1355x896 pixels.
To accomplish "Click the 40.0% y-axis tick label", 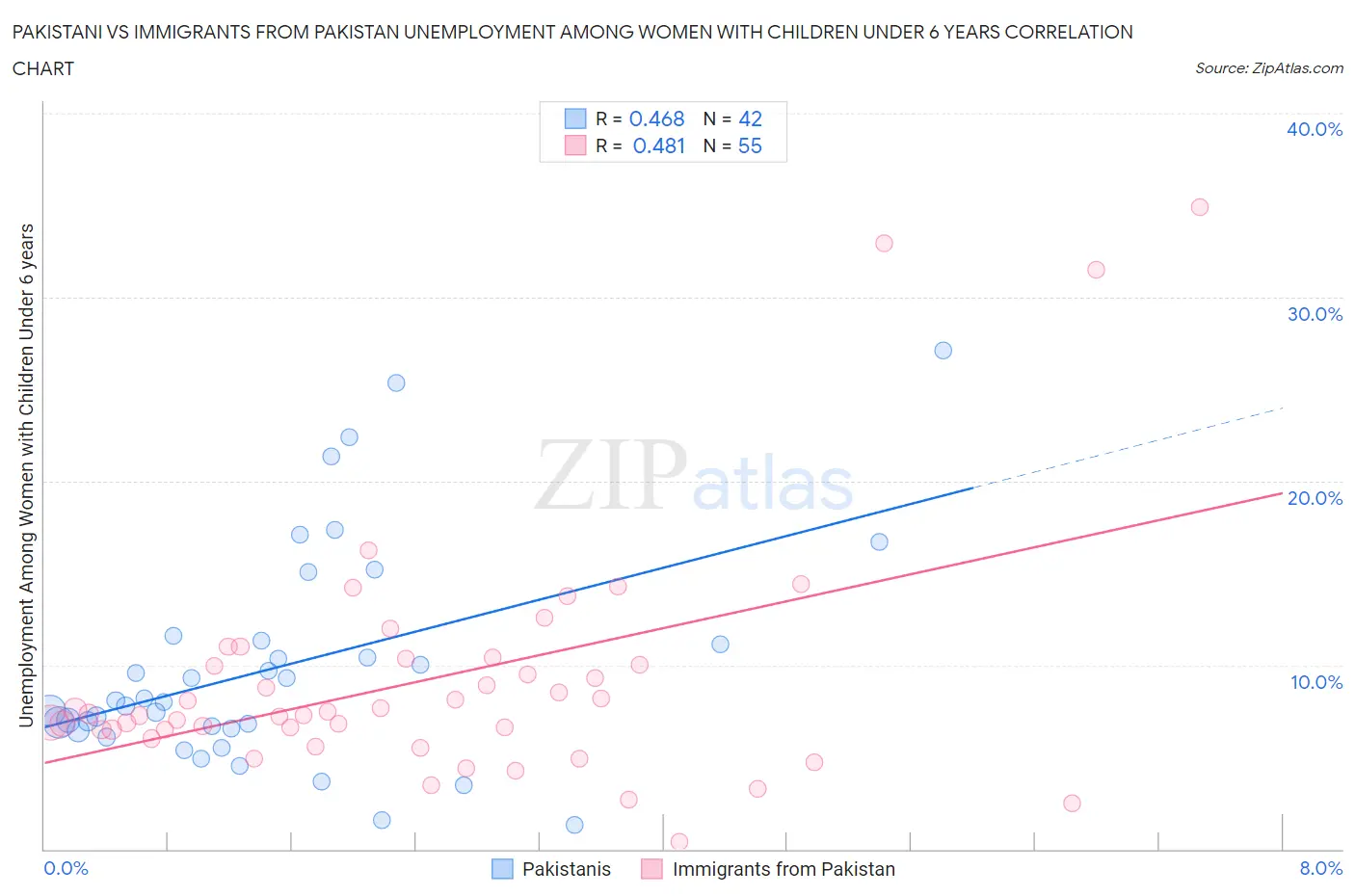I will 1315,129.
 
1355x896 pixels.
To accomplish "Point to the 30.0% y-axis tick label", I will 1315,314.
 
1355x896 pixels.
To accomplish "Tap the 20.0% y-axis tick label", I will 1315,498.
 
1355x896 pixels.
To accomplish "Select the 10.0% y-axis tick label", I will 1315,682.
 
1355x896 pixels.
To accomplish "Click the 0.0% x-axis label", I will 66,868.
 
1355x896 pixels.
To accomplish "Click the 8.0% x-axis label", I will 1320,868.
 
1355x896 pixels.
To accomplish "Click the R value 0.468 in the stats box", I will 656,119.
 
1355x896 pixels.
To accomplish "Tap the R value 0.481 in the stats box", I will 658,145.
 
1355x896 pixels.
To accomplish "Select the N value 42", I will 750,119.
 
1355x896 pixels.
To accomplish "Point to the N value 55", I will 750,145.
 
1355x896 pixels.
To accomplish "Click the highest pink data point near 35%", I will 1199,207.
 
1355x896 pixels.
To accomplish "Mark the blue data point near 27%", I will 943,351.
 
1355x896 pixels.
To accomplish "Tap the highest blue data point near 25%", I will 396,382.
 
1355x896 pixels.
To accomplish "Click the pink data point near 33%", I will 884,244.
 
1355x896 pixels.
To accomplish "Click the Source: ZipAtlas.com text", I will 1268,68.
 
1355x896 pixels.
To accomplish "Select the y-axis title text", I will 27,475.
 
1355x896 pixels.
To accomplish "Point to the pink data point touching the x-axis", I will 678,842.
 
